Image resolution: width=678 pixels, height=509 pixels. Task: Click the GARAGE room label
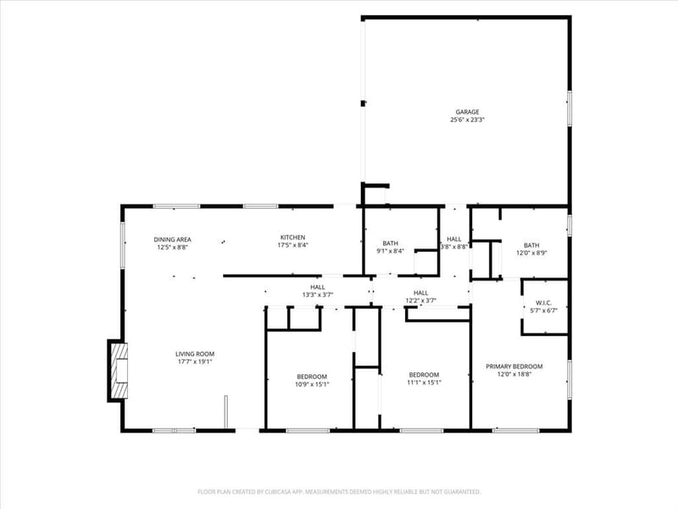(x=467, y=112)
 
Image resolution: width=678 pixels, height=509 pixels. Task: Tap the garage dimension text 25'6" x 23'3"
(x=467, y=120)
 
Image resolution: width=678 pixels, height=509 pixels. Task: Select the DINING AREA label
(x=173, y=239)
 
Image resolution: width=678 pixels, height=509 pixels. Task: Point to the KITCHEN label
(x=292, y=238)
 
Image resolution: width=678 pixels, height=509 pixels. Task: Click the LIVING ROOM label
(x=195, y=354)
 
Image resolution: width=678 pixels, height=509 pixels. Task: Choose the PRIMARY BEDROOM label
(x=514, y=366)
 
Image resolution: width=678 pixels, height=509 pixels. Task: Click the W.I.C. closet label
(x=543, y=303)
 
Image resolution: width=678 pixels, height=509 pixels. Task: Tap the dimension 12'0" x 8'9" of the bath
(x=531, y=253)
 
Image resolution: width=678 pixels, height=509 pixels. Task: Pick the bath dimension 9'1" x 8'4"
(x=390, y=251)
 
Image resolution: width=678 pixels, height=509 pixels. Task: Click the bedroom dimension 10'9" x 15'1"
(x=312, y=384)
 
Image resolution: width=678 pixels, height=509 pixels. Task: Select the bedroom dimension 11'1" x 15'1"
(x=424, y=383)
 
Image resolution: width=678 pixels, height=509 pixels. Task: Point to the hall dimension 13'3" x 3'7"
(x=317, y=294)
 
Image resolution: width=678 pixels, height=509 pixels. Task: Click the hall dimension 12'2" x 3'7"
(x=420, y=300)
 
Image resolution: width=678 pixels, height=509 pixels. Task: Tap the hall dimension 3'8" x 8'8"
(x=454, y=247)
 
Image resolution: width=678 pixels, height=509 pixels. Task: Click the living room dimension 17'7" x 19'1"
(x=195, y=361)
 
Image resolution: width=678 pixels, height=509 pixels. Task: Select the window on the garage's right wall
(x=570, y=109)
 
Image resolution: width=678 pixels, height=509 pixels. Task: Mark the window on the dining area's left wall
(x=123, y=244)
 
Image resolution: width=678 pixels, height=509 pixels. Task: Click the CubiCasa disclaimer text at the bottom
(x=339, y=492)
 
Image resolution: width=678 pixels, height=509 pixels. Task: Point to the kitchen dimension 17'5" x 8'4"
(x=292, y=245)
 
